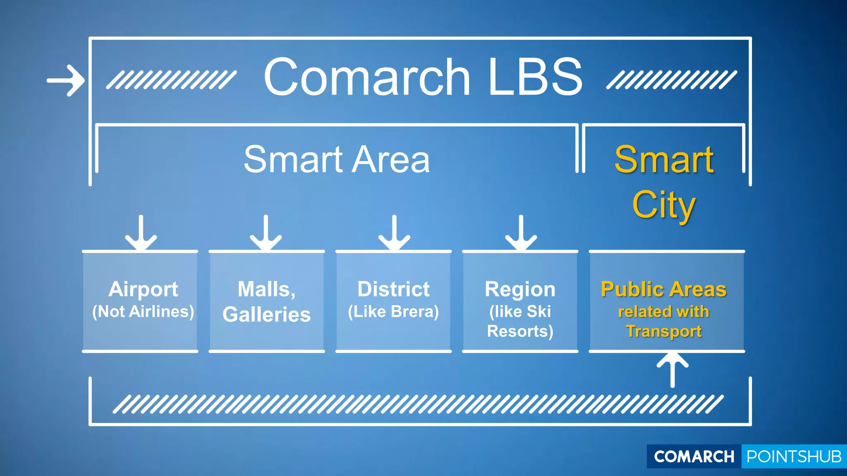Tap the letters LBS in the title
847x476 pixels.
click(x=535, y=77)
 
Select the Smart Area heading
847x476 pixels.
click(x=337, y=159)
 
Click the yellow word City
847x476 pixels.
click(x=663, y=205)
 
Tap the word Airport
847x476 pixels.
click(x=143, y=289)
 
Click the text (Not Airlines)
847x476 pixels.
click(x=143, y=312)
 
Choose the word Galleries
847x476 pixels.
click(x=267, y=314)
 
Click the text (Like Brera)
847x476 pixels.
click(x=393, y=312)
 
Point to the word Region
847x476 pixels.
click(x=520, y=289)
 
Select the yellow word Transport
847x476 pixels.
click(x=664, y=331)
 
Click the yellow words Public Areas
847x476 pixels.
click(x=664, y=289)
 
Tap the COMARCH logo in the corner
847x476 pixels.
click(x=694, y=457)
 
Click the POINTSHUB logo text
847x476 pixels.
click(x=794, y=457)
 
